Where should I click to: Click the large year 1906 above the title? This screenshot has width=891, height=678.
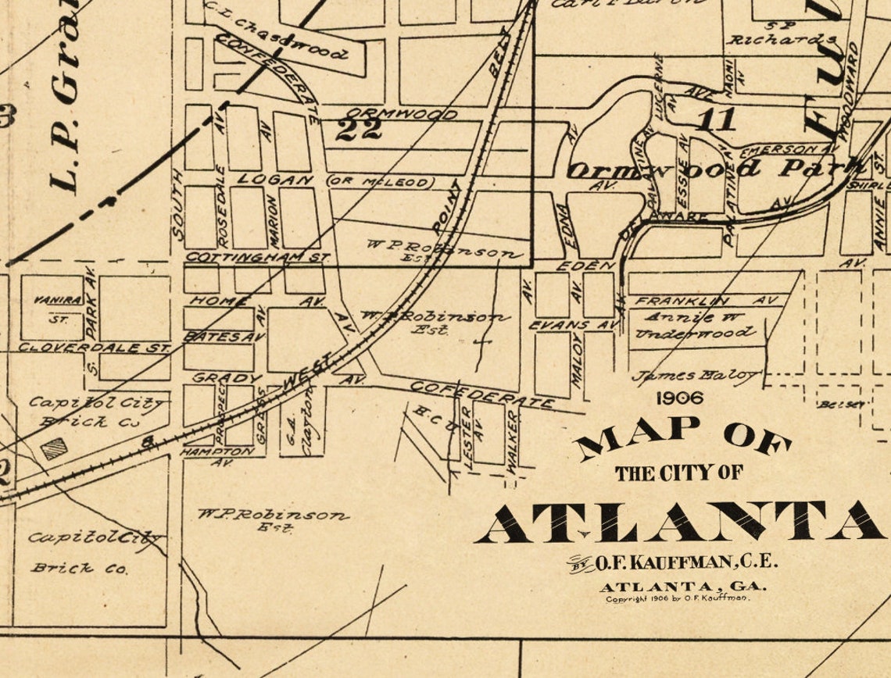point(679,398)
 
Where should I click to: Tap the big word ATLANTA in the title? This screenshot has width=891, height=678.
point(680,522)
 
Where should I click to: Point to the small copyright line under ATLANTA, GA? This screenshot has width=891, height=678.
point(677,598)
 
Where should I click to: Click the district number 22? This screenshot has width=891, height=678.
point(359,128)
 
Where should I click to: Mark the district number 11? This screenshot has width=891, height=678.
point(716,120)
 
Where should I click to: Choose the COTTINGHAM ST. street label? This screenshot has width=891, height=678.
point(257,256)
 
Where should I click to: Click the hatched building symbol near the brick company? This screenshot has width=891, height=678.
point(54,448)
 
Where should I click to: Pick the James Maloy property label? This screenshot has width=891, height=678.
point(695,376)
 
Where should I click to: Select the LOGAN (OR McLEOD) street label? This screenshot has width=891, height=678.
point(336,180)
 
